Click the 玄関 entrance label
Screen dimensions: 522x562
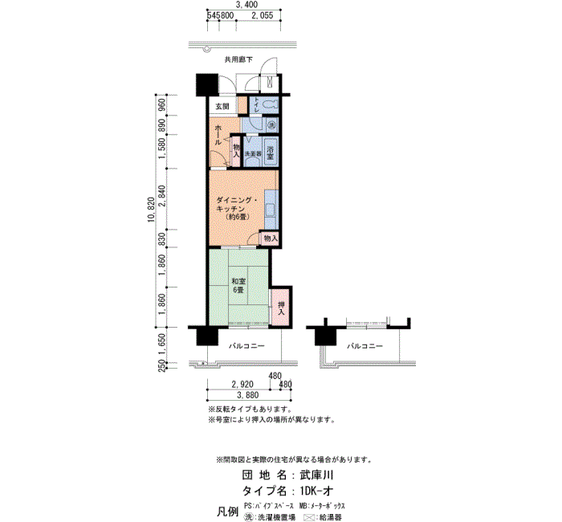[222, 107]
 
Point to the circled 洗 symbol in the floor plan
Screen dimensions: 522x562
[271, 125]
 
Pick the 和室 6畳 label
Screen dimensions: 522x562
[238, 285]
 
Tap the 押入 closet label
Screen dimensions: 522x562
[282, 308]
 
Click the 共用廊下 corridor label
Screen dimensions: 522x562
[238, 60]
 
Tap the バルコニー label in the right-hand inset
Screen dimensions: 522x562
[364, 346]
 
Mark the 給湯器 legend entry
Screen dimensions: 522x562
[329, 518]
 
